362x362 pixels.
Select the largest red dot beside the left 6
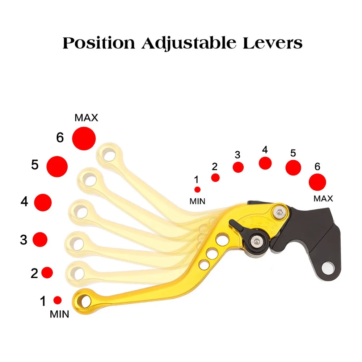pos(84,138)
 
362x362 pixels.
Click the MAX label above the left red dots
pos(86,118)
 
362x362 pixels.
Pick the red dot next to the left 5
pos(57,167)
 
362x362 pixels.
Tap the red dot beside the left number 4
pos(43,202)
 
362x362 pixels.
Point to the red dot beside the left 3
pos(40,239)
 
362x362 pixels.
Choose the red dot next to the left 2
pos(47,272)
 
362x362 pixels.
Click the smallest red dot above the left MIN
pos(58,300)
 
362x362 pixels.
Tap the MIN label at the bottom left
pos(59,314)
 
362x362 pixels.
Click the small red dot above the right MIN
pos(197,189)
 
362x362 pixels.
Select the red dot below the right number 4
pos(265,163)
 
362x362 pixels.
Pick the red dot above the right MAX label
pos(317,182)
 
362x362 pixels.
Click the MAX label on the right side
pos(323,198)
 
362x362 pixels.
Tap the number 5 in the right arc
pos(293,153)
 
